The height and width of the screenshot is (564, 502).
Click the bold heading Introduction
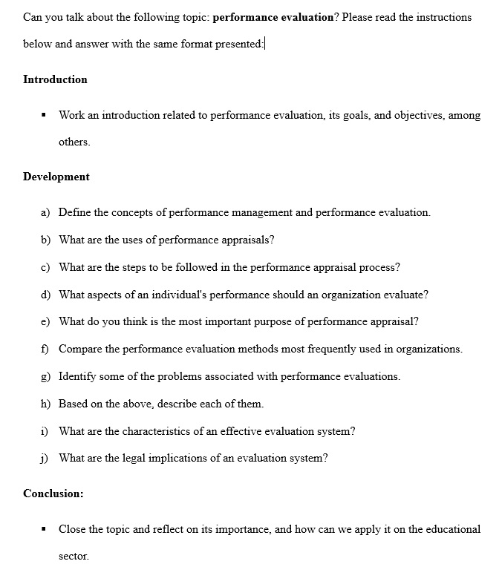[x=55, y=79]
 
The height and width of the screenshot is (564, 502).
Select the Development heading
[x=56, y=177]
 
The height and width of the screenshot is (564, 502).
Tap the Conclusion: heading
[x=53, y=493]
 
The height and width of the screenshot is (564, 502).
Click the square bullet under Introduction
[x=45, y=116]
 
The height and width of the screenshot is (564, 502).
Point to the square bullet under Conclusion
[x=45, y=530]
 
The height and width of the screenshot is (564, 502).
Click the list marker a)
[x=45, y=212]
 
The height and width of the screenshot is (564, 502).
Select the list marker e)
[x=45, y=321]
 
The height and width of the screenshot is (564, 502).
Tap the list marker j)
[x=45, y=458]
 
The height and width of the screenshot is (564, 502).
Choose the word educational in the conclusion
[x=453, y=529]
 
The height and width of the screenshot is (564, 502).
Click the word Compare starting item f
[x=80, y=349]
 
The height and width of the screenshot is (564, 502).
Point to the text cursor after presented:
[x=265, y=44]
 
